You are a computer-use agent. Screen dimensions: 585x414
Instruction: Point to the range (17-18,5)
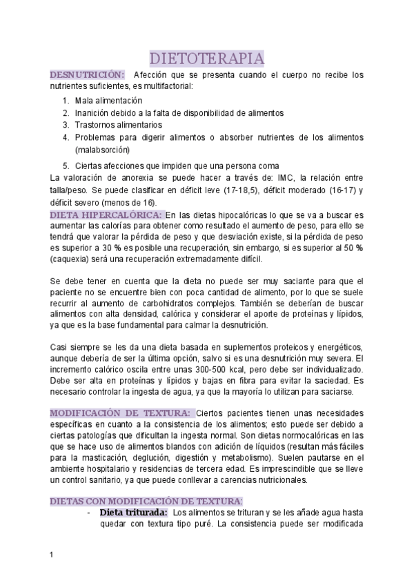point(247,190)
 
